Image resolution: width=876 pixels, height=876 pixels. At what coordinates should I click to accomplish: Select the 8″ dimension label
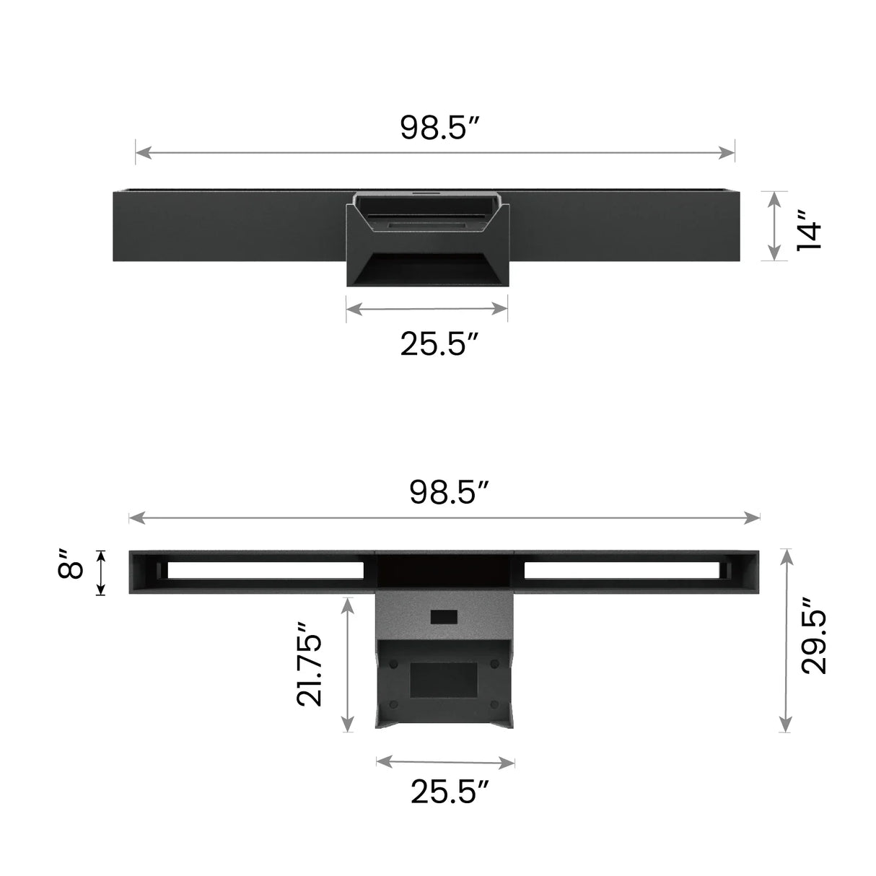click(x=72, y=564)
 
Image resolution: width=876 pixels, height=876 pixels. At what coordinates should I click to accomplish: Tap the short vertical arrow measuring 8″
click(x=101, y=572)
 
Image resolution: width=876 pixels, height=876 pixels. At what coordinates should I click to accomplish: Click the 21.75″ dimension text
click(x=310, y=664)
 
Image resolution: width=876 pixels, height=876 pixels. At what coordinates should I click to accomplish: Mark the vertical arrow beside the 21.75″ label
click(x=348, y=664)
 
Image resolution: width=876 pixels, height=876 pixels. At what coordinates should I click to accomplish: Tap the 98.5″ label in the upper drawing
click(x=440, y=128)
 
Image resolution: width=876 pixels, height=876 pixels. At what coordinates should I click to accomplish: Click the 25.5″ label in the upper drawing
click(x=440, y=344)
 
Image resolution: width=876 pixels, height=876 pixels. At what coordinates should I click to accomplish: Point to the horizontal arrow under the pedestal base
click(x=445, y=762)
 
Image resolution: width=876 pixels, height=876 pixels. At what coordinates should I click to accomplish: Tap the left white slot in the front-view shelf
click(x=266, y=570)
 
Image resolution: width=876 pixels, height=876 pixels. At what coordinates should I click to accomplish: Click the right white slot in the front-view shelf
click(x=621, y=570)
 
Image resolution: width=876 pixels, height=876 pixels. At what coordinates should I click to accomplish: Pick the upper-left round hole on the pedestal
click(x=394, y=662)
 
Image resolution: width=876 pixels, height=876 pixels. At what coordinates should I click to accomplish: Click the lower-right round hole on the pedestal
click(x=494, y=704)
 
